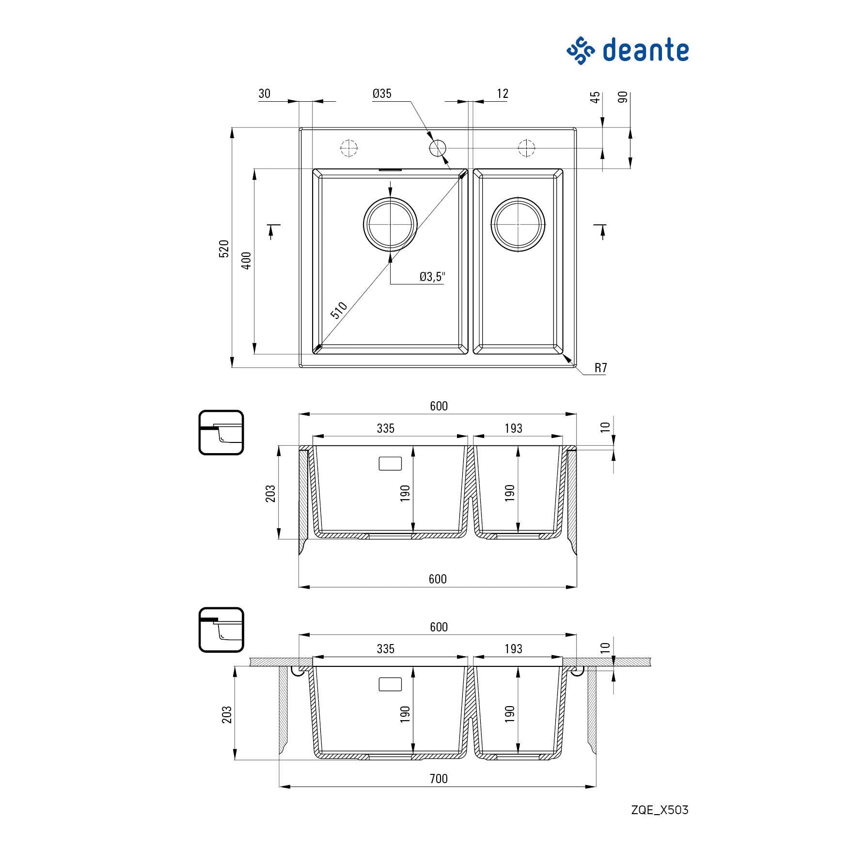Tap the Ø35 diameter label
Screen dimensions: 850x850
pyautogui.click(x=382, y=94)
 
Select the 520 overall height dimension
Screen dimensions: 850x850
pyautogui.click(x=224, y=248)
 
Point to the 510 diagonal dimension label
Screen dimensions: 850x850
pyautogui.click(x=339, y=310)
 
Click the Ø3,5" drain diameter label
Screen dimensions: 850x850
pyautogui.click(x=432, y=277)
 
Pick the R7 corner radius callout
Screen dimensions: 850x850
pyautogui.click(x=600, y=368)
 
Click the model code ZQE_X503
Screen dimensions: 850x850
pyautogui.click(x=660, y=810)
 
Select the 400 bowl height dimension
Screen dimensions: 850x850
pyautogui.click(x=247, y=261)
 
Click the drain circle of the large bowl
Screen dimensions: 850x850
pyautogui.click(x=390, y=224)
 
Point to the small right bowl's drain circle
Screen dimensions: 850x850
pyautogui.click(x=518, y=224)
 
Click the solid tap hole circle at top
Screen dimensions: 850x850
pyautogui.click(x=438, y=147)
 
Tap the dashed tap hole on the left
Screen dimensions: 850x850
pyautogui.click(x=348, y=147)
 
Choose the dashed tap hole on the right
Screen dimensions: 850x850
pyautogui.click(x=526, y=147)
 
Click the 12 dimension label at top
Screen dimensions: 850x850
pyautogui.click(x=503, y=94)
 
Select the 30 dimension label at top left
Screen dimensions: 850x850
pyautogui.click(x=264, y=94)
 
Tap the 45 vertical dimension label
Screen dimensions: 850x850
pyautogui.click(x=596, y=97)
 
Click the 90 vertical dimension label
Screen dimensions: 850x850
pyautogui.click(x=623, y=97)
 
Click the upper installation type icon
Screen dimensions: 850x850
pyautogui.click(x=221, y=432)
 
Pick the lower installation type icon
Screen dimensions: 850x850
pyautogui.click(x=221, y=630)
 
